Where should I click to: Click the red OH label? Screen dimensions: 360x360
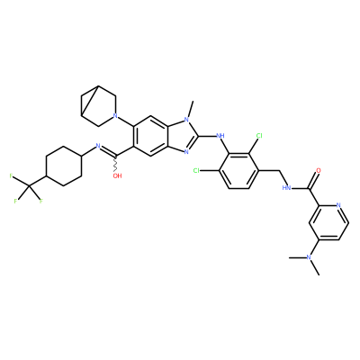[117, 176]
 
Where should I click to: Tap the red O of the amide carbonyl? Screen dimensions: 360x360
[319, 171]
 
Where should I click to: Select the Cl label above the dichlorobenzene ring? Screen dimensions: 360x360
[259, 136]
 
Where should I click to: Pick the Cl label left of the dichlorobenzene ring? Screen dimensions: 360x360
[197, 171]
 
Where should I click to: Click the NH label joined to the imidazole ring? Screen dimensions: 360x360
[220, 136]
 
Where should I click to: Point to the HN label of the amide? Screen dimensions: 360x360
[287, 188]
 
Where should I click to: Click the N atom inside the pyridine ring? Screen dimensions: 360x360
[338, 205]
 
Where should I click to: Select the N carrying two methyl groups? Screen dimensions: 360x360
[309, 257]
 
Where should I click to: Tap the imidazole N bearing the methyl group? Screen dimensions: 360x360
[186, 120]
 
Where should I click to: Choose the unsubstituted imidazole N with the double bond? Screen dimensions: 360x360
[186, 152]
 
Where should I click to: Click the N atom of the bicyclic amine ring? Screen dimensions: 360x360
[114, 115]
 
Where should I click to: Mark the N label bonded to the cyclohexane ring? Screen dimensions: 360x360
[97, 147]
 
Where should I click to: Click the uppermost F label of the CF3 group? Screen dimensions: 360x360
[11, 175]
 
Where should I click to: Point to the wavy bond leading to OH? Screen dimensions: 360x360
[116, 164]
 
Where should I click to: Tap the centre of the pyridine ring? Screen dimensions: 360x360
[328, 222]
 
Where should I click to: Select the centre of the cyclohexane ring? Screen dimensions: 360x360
[64, 166]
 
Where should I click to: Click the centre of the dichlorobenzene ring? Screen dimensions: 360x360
[238, 171]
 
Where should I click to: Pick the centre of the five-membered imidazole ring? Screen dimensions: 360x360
[178, 136]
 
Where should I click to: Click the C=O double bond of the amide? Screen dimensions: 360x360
[314, 179]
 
